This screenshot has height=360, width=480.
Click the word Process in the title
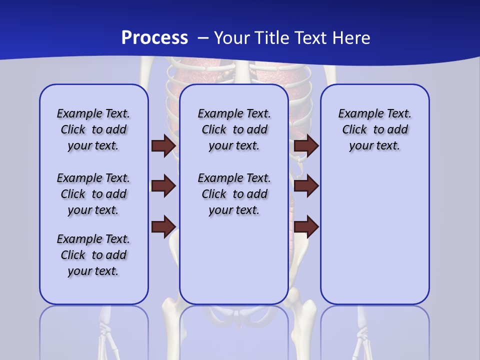[x=154, y=38]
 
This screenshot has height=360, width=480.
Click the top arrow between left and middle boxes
[x=163, y=146]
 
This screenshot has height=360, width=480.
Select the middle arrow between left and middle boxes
[x=163, y=186]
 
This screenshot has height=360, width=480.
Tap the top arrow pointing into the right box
[x=306, y=146]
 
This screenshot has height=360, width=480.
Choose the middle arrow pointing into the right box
[x=306, y=186]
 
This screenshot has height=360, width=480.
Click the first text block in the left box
[x=93, y=129]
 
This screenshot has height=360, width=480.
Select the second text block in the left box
[x=93, y=194]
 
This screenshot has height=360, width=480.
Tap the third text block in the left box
[x=93, y=255]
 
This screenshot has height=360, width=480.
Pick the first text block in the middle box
[x=234, y=129]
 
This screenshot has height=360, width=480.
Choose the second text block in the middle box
[x=234, y=194]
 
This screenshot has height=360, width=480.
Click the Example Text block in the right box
[x=374, y=129]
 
